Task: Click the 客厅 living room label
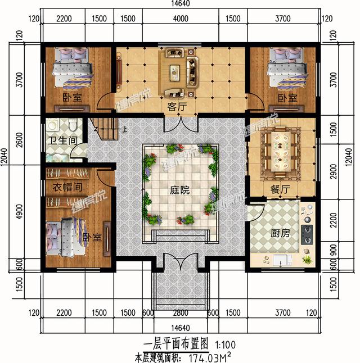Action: coord(177,105)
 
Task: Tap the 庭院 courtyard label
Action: coord(179,190)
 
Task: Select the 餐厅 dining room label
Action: coord(280,190)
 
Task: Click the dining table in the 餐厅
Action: coord(280,150)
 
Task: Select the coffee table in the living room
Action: coord(175,71)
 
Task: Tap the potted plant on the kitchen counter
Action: coord(308,260)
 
